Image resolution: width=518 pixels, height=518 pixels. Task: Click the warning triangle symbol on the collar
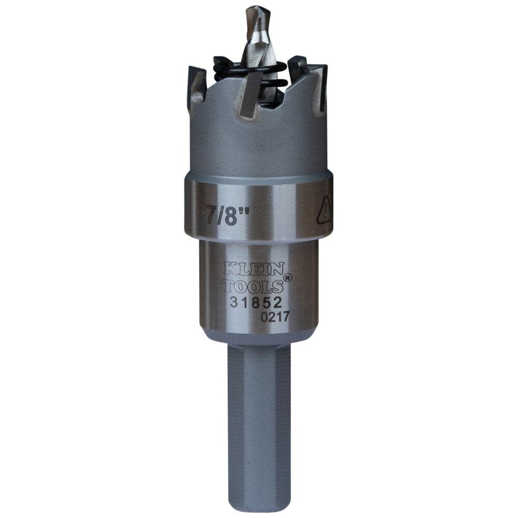tap(324, 211)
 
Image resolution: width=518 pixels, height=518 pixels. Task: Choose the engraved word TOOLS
tap(253, 285)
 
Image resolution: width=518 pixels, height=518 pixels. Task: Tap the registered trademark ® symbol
tap(288, 277)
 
